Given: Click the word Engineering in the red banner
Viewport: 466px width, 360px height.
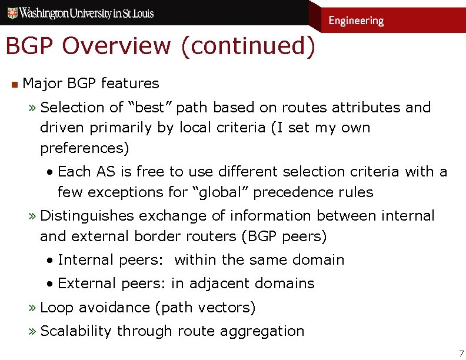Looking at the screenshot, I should (356, 21).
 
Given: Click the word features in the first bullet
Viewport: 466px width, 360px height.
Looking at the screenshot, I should (129, 84).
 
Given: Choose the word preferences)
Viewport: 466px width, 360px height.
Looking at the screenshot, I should (84, 148).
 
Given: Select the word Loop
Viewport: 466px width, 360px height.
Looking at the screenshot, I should (57, 308).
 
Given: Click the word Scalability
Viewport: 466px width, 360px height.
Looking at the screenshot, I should (75, 331).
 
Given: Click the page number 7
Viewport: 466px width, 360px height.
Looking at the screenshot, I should (461, 354).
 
